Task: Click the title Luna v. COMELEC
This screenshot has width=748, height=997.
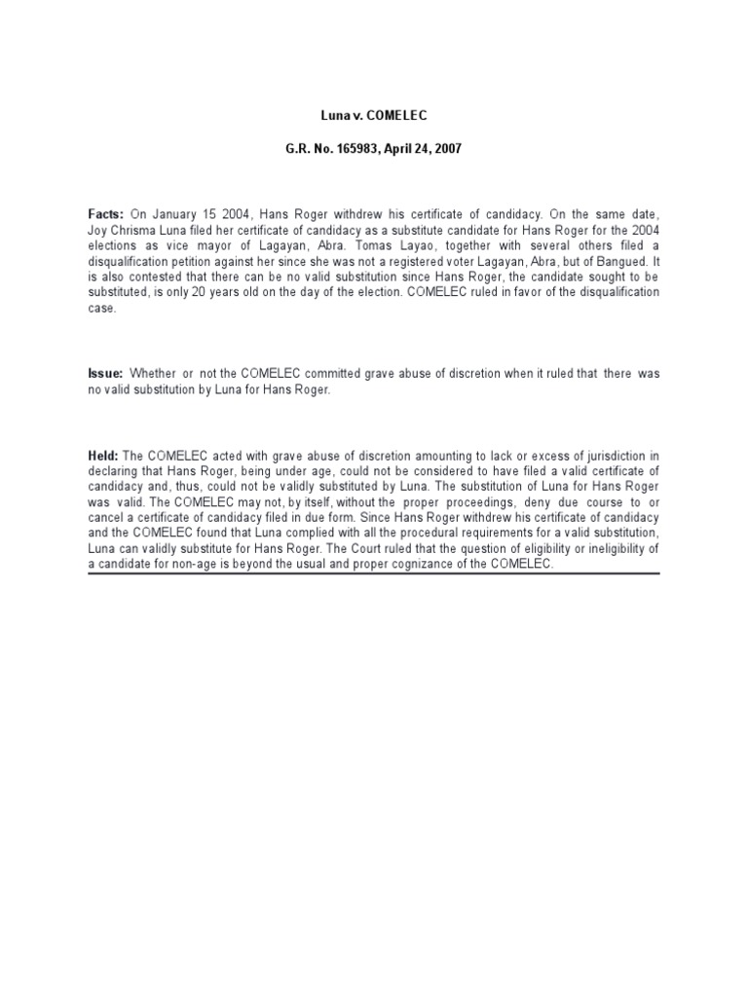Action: (374, 116)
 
